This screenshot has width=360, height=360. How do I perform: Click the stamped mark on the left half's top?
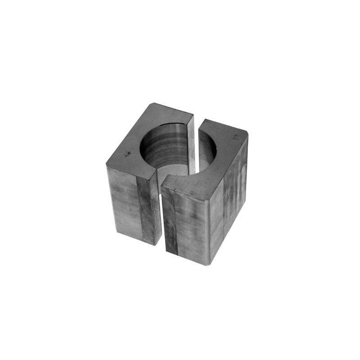pyautogui.click(x=128, y=154)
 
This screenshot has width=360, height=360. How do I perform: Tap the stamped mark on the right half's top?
pyautogui.click(x=234, y=138)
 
